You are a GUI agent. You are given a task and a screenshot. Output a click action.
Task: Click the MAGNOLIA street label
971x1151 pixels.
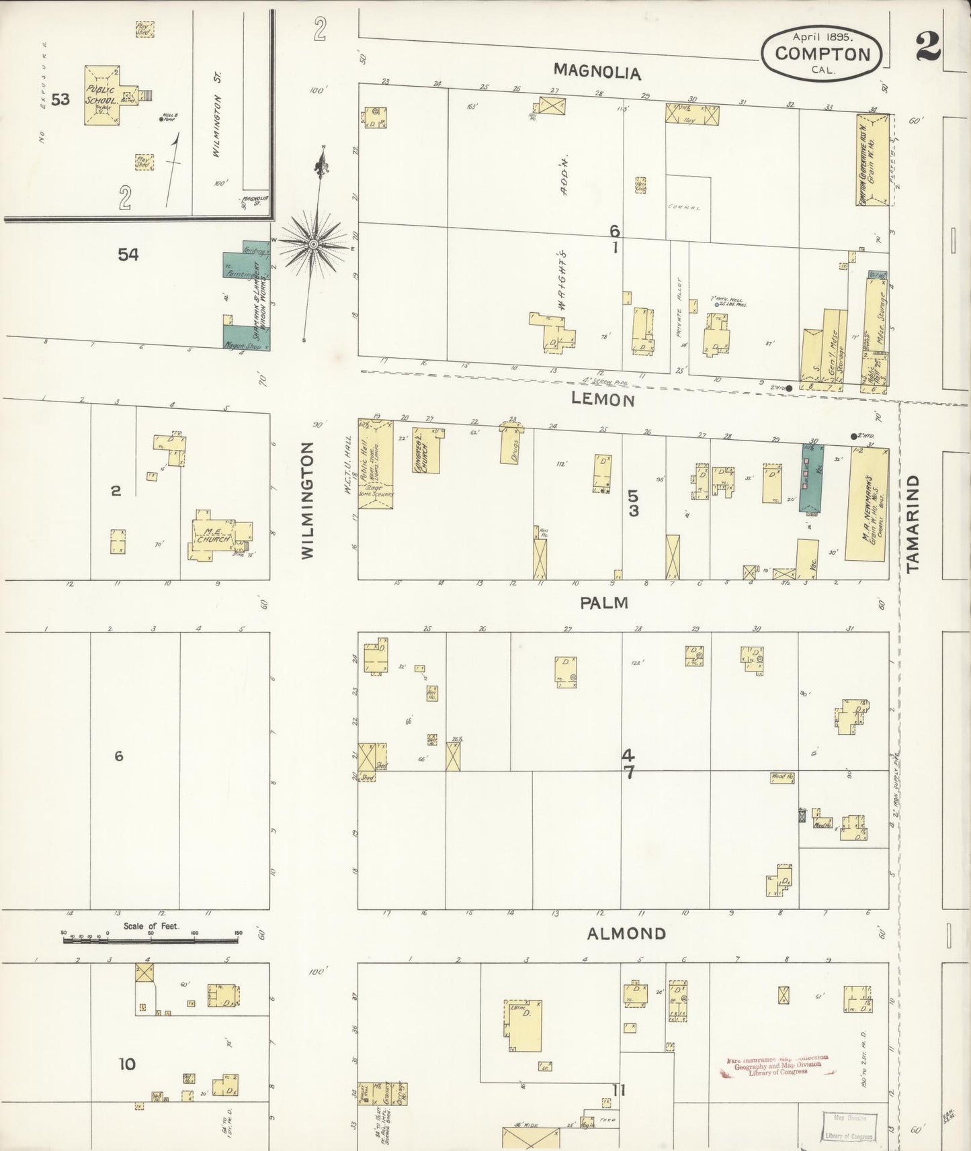coord(597,72)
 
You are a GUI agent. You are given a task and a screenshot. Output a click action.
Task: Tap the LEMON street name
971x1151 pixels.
coord(602,400)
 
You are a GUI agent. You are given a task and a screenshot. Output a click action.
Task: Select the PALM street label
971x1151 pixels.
coord(604,602)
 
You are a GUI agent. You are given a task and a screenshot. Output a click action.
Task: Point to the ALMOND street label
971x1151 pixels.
coord(626,933)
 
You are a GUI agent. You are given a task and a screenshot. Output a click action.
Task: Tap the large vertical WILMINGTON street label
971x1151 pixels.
coord(307,500)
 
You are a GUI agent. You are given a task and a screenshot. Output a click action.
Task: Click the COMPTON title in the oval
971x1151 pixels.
coord(822,54)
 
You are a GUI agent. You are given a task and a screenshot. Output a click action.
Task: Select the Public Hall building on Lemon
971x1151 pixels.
coord(375,463)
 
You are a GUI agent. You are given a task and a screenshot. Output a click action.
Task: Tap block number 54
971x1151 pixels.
coord(128,255)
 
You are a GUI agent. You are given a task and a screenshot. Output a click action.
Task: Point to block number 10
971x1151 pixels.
coord(127,1064)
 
